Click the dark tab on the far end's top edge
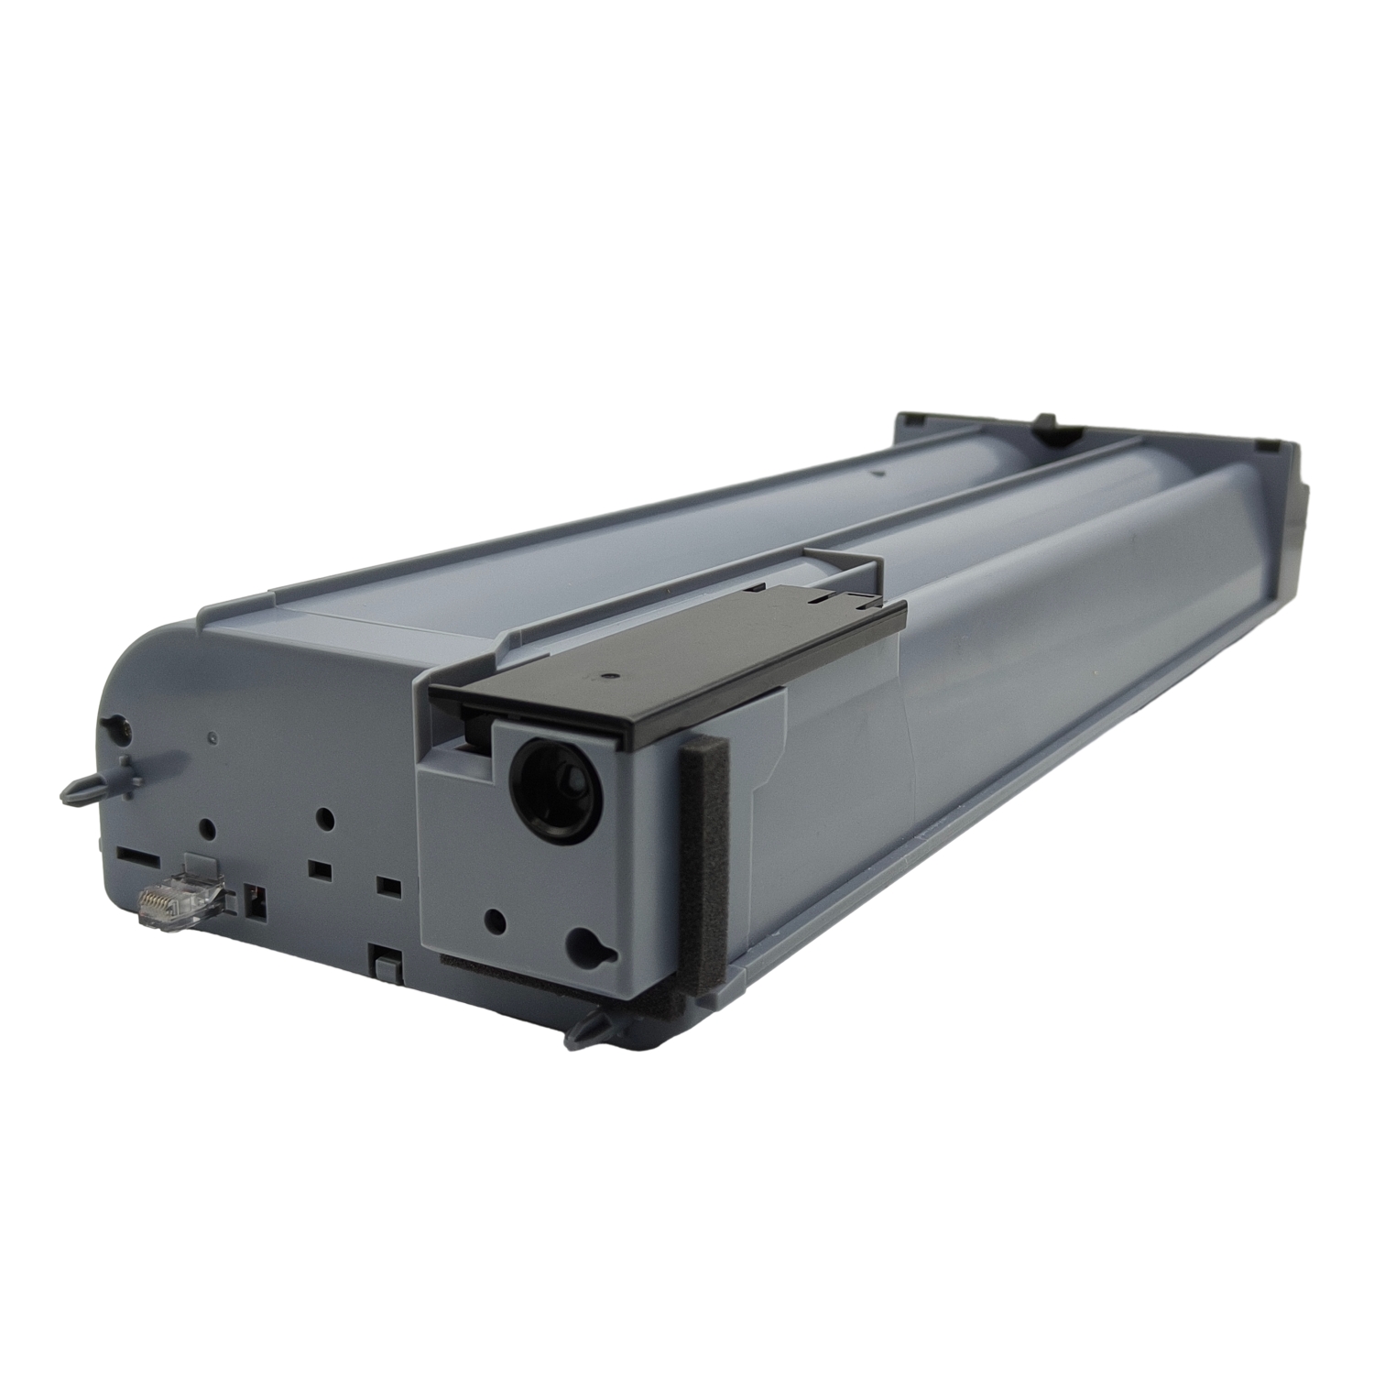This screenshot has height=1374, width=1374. pyautogui.click(x=1042, y=422)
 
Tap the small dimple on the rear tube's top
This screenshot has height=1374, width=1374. pyautogui.click(x=877, y=474)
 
